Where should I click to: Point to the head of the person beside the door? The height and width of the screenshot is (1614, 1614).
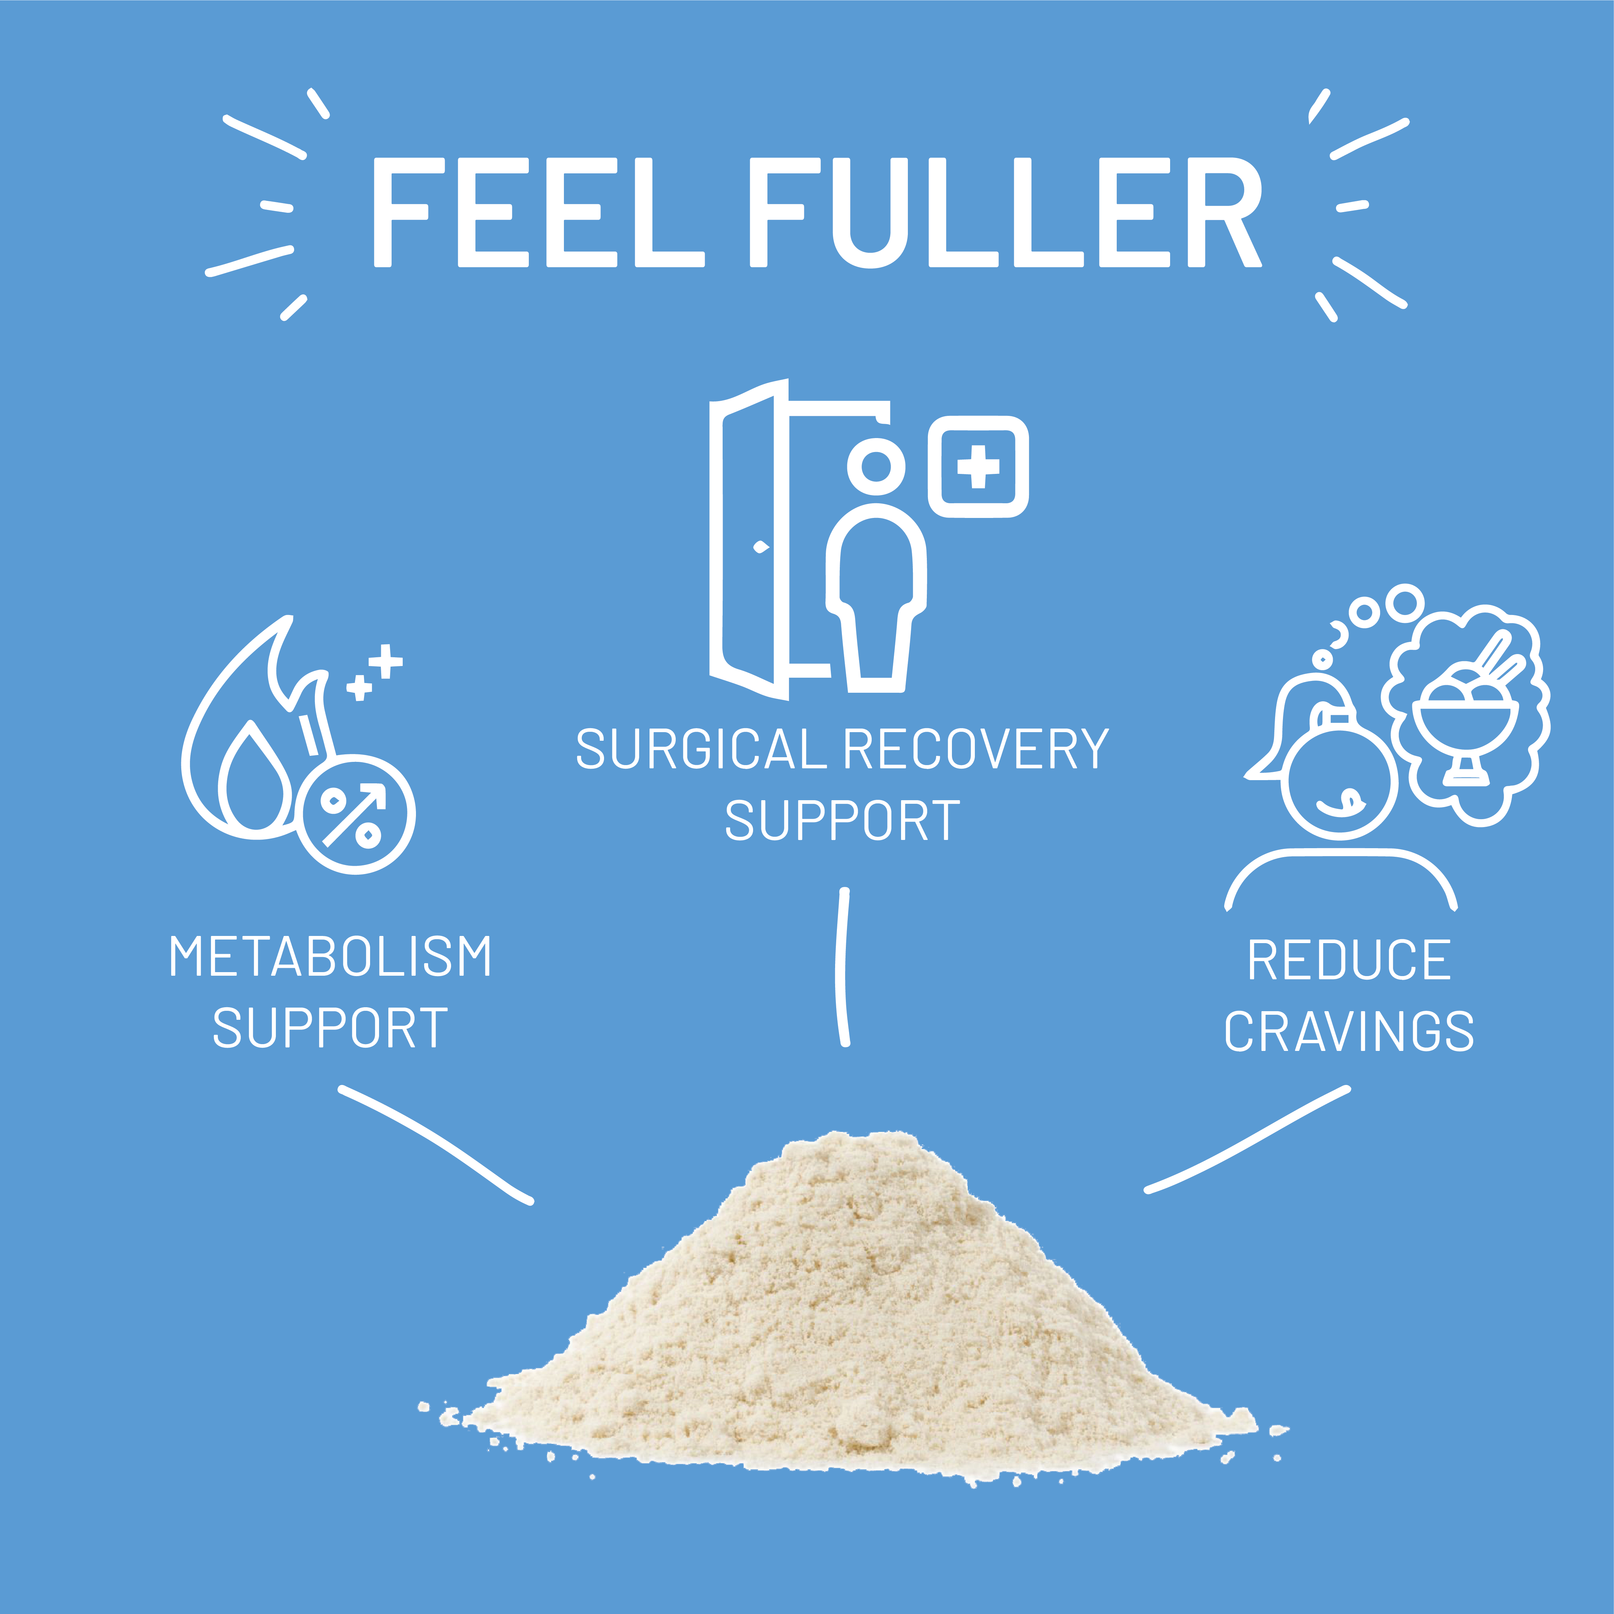(x=876, y=465)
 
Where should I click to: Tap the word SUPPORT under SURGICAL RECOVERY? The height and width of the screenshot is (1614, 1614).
(x=842, y=821)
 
